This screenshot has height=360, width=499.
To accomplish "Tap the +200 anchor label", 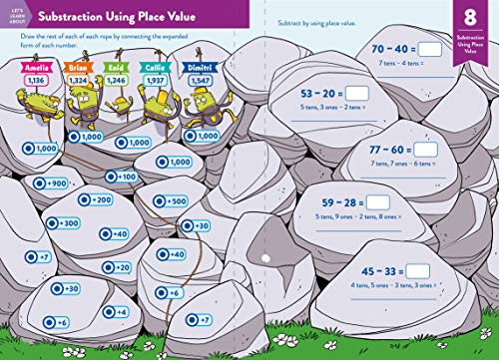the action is click(x=95, y=199).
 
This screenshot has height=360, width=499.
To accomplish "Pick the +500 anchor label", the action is click(x=172, y=200).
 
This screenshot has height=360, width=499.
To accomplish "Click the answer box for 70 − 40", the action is click(x=430, y=47).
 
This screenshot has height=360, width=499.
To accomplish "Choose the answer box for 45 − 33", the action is click(x=416, y=270).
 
